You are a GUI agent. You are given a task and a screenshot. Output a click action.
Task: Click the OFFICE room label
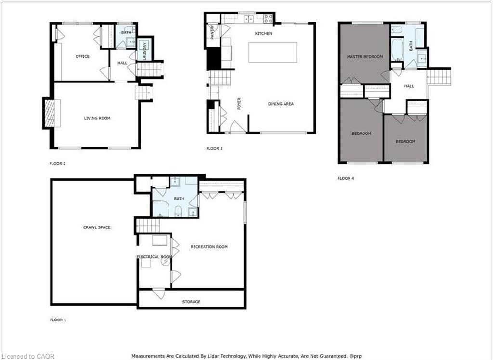tap(82, 57)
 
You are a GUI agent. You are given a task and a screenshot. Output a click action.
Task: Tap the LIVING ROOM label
tap(97, 118)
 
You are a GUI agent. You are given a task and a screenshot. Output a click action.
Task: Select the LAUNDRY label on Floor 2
tap(145, 52)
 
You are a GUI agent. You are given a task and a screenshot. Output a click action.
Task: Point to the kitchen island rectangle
tap(272, 53)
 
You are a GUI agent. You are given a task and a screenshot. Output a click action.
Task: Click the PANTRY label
tap(212, 32)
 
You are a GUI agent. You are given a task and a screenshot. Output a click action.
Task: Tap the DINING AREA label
tap(281, 104)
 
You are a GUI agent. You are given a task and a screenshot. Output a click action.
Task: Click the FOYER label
tap(239, 104)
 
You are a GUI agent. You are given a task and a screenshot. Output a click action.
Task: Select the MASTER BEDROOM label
tap(365, 57)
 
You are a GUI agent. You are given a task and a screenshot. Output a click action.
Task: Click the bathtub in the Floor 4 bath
tap(397, 50)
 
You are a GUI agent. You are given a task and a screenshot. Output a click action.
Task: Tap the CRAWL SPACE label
tap(97, 227)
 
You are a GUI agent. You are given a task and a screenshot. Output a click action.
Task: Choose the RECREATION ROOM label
tap(209, 247)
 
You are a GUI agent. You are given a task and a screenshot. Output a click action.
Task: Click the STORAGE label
tap(191, 302)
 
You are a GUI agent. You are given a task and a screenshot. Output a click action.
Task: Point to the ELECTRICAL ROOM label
tap(155, 257)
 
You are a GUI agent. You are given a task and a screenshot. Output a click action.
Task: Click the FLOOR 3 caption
tap(214, 148)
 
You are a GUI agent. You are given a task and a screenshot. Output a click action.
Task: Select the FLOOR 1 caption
tap(58, 320)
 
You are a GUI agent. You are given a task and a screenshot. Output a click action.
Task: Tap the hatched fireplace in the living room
tap(50, 113)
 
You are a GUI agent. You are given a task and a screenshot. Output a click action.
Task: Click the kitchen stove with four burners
tap(268, 19)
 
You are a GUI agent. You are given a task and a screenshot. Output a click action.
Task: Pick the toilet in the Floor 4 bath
tap(397, 29)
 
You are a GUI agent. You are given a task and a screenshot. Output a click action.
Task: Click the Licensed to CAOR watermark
tap(27, 356)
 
